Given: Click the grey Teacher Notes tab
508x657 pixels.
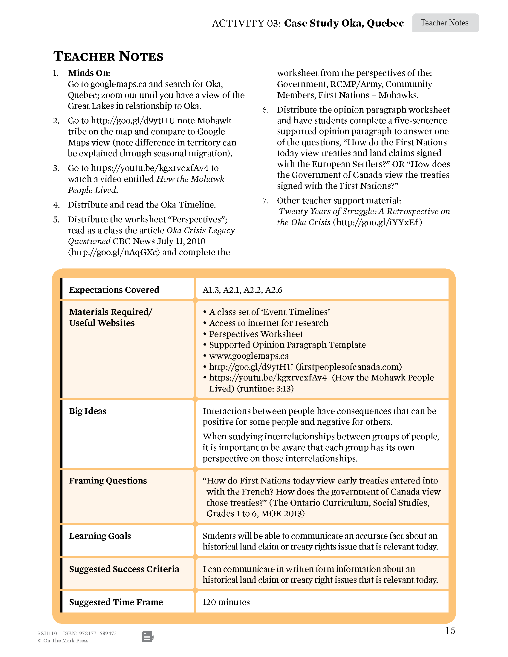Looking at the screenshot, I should pos(445,23).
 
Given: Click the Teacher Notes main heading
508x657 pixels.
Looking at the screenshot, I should pos(108,56).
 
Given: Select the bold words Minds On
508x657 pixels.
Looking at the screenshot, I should pos(89,73).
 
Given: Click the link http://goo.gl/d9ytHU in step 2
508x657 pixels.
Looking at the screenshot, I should pos(133,121).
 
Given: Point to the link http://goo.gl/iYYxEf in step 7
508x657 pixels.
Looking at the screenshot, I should pos(377,222).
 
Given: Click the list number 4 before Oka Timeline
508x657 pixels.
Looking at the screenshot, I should pos(56,205).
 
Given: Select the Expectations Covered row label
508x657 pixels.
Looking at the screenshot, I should pos(114,290).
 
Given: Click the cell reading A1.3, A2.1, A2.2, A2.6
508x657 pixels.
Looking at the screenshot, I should pos(242,290).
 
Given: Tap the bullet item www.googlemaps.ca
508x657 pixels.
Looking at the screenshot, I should pos(249,356).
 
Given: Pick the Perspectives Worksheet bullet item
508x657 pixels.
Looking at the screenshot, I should pos(256,334).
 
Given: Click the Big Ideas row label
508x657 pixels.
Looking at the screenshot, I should pos(88,411).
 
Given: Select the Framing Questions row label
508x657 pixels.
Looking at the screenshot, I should pos(108,481).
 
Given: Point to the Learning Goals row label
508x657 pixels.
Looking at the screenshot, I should pos(100,536).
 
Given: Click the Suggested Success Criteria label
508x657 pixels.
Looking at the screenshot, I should pos(124,569).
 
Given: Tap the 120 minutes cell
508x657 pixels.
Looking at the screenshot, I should pos(226,602).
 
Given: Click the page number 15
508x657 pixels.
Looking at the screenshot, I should pos(450,630).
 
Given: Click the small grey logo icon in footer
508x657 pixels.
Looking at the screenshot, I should pos(147,637).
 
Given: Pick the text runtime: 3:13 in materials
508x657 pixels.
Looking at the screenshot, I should pos(265,389).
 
